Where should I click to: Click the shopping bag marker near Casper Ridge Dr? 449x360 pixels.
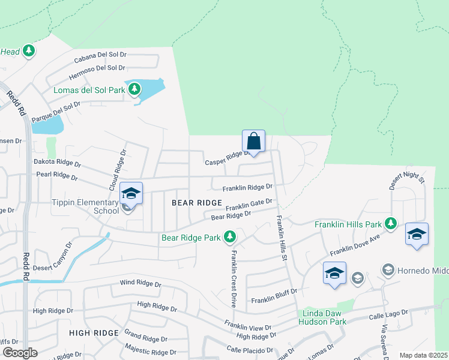point(254,142)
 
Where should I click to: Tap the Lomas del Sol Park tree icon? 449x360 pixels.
point(134,90)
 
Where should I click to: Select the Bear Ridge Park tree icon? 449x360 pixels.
point(229,238)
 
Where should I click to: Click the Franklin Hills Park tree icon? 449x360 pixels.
point(391,224)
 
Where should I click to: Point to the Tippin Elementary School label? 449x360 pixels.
point(85,206)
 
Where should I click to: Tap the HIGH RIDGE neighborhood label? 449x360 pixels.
point(94,332)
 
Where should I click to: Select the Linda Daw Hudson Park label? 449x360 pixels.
point(322,317)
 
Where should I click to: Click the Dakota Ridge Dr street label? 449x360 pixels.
point(57,163)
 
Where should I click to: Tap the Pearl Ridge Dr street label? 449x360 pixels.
point(56,176)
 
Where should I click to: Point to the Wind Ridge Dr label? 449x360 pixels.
point(140,283)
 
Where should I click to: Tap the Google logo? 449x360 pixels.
point(20,353)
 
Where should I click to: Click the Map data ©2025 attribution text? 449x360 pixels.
point(423,355)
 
